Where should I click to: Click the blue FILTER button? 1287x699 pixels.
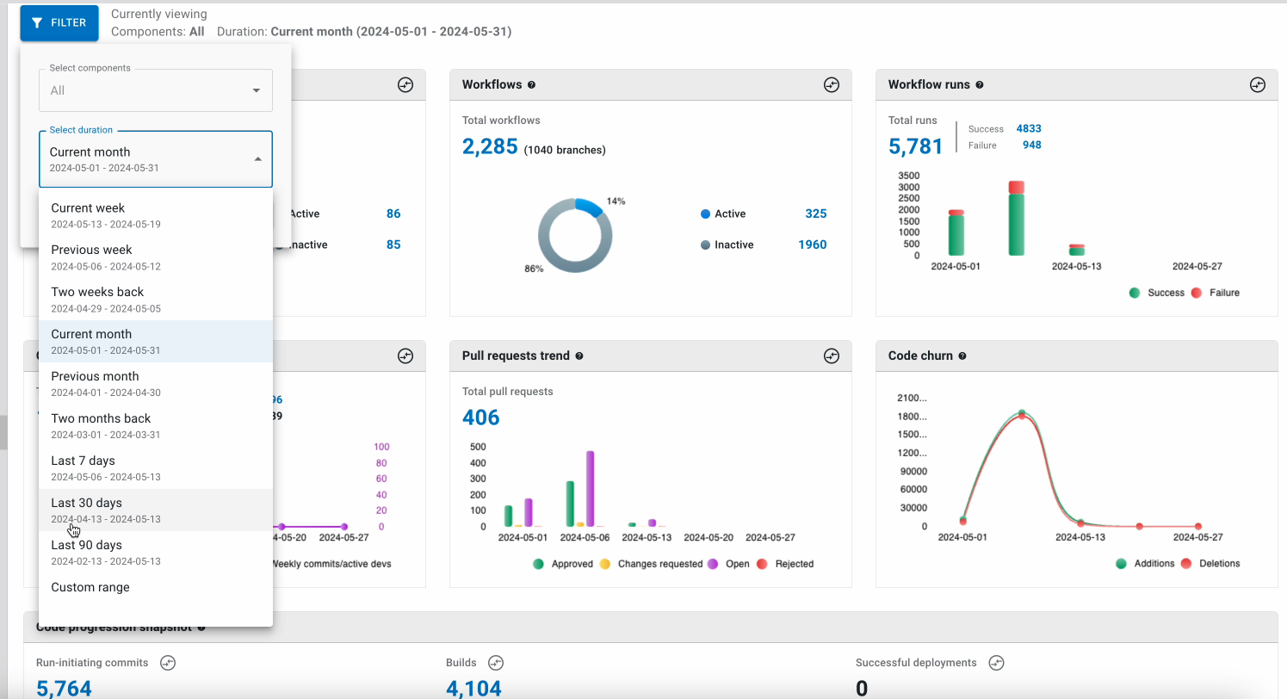pyautogui.click(x=59, y=23)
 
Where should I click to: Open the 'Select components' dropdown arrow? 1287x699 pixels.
pyautogui.click(x=256, y=90)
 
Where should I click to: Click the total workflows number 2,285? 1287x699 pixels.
pyautogui.click(x=490, y=147)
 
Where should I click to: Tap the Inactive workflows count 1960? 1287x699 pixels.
pyautogui.click(x=812, y=244)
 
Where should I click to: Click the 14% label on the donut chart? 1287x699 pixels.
pyautogui.click(x=616, y=201)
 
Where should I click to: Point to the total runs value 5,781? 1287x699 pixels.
pyautogui.click(x=915, y=146)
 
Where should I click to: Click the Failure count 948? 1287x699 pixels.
pyautogui.click(x=1031, y=145)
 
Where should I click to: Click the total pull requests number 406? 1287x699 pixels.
pyautogui.click(x=480, y=418)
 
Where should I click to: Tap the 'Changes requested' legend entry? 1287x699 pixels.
pyautogui.click(x=651, y=564)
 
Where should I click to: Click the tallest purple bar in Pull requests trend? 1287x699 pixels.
pyautogui.click(x=590, y=487)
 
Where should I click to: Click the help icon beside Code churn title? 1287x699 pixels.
pyautogui.click(x=962, y=356)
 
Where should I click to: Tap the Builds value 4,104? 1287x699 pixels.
pyautogui.click(x=473, y=688)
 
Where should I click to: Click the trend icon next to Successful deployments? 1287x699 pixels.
pyautogui.click(x=996, y=663)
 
